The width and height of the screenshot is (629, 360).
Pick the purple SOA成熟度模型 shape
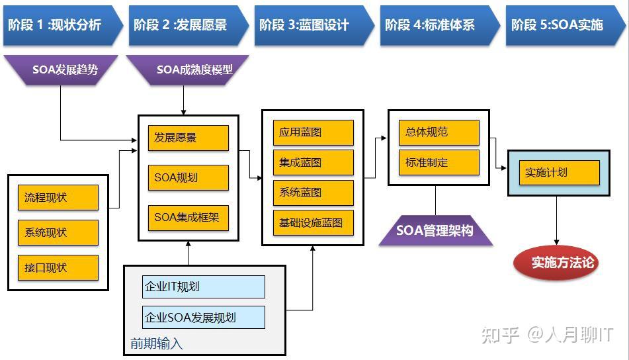pyautogui.click(x=189, y=69)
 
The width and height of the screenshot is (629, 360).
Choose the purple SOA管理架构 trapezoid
pyautogui.click(x=435, y=231)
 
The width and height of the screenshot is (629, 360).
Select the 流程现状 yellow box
pyautogui.click(x=58, y=198)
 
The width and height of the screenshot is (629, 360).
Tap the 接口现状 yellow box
pyautogui.click(x=58, y=268)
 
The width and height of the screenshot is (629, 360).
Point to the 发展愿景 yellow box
pyautogui.click(x=188, y=138)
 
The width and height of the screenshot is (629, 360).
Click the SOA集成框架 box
pyautogui.click(x=188, y=217)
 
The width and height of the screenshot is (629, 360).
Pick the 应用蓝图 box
pyautogui.click(x=313, y=132)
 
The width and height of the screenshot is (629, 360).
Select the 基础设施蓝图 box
pyautogui.click(x=313, y=223)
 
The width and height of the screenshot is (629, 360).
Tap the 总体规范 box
pyautogui.click(x=439, y=132)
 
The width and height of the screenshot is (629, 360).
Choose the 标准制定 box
pyautogui.click(x=439, y=162)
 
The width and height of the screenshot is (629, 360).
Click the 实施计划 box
pyautogui.click(x=559, y=173)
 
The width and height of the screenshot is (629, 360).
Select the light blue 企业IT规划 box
pyautogui.click(x=204, y=287)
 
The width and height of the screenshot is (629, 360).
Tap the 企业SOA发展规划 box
pyautogui.click(x=204, y=318)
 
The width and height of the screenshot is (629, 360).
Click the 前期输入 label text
pyautogui.click(x=157, y=344)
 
